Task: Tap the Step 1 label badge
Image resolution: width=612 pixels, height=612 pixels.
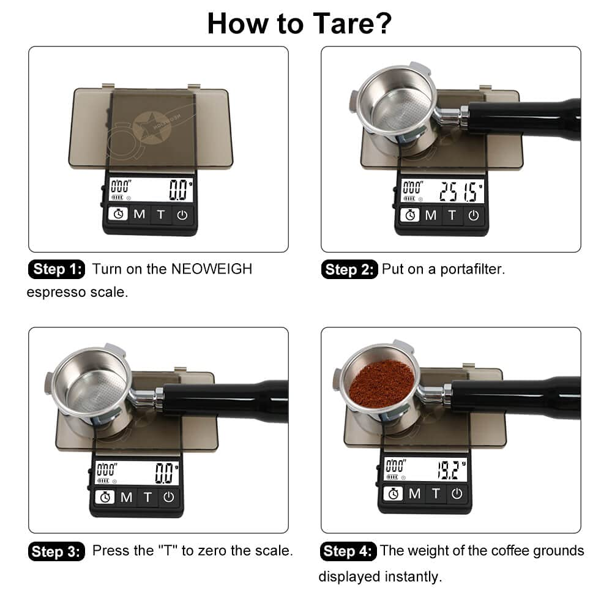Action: [58, 269]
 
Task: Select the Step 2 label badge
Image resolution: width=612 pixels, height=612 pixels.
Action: [349, 270]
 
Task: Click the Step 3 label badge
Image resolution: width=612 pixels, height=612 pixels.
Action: [56, 551]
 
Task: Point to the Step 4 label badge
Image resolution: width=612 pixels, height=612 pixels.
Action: [348, 551]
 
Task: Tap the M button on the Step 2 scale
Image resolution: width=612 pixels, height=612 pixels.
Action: [431, 215]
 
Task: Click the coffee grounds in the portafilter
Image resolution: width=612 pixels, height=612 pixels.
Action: [382, 384]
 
